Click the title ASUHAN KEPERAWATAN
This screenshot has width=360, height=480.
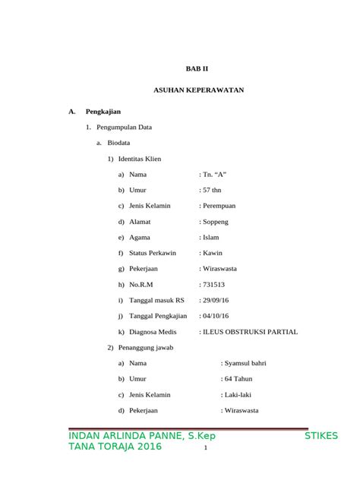198,90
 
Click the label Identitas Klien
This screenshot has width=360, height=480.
140,159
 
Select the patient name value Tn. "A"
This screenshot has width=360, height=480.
215,175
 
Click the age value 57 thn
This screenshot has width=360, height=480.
213,191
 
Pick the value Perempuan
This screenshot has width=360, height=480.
220,206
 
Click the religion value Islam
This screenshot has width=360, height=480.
213,237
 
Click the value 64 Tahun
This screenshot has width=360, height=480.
240,379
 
